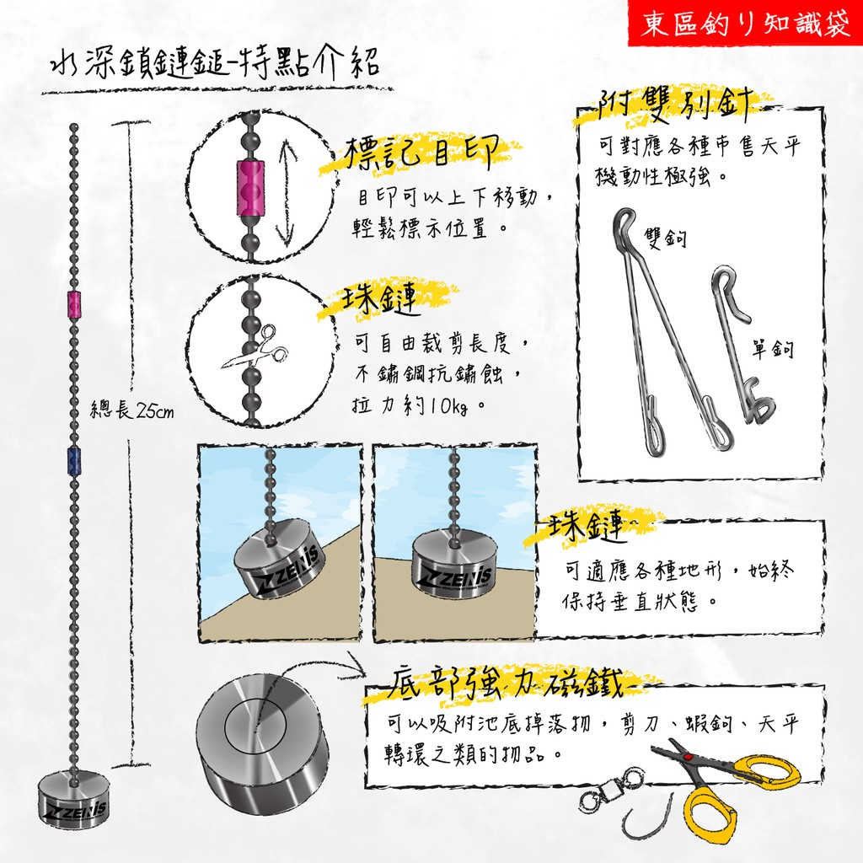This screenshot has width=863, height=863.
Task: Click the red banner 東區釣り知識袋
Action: click(745, 24)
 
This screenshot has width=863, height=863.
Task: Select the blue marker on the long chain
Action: click(74, 462)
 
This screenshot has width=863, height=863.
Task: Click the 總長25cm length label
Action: click(131, 410)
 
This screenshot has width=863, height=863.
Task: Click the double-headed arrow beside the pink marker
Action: click(288, 190)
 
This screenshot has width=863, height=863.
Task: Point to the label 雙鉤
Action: click(666, 238)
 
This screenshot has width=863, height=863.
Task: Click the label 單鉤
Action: click(773, 348)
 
